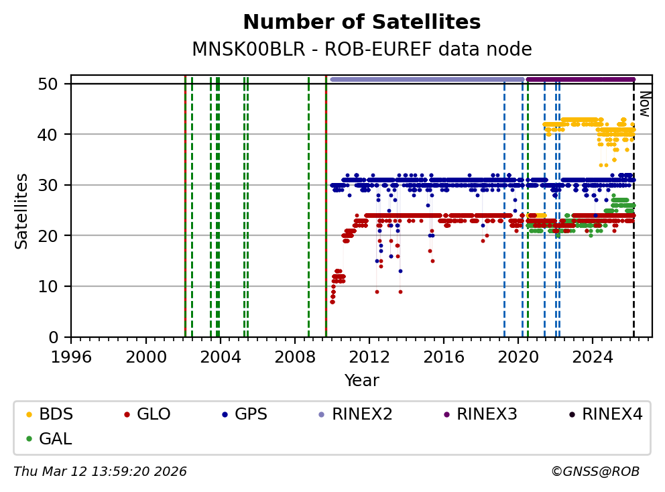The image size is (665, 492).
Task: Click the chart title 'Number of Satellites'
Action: point(361,22)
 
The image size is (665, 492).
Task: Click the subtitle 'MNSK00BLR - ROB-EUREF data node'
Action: point(361,50)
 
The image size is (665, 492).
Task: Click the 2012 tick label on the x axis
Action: point(369,355)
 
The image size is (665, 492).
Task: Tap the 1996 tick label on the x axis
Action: point(72,355)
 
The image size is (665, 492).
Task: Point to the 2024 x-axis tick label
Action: point(593,355)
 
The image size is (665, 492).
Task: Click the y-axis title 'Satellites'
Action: point(22,210)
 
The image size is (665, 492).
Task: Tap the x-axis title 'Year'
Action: point(361,381)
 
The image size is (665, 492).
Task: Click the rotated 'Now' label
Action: point(644,104)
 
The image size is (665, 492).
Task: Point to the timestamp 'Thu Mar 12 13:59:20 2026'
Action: point(100,472)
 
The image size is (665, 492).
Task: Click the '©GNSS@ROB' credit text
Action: point(595,472)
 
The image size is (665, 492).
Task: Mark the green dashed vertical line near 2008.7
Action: point(308,208)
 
